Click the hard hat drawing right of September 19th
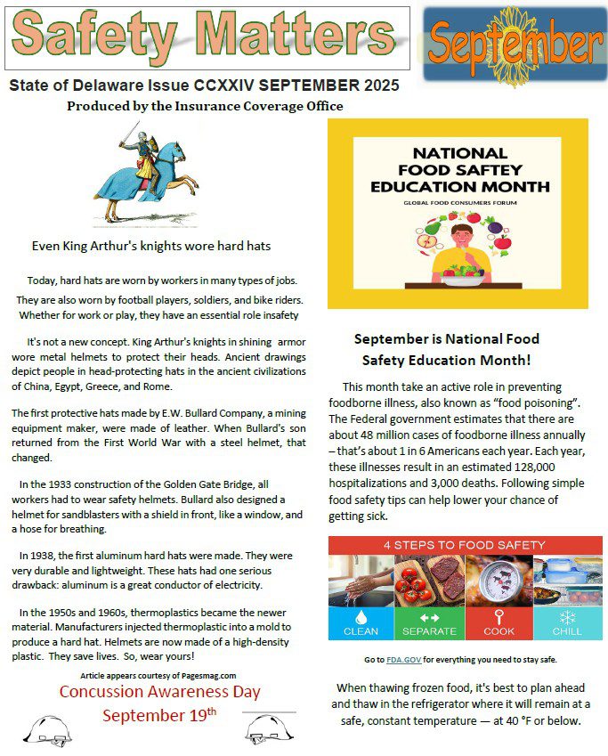pyautogui.click(x=266, y=726)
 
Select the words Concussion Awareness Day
pyautogui.click(x=160, y=692)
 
